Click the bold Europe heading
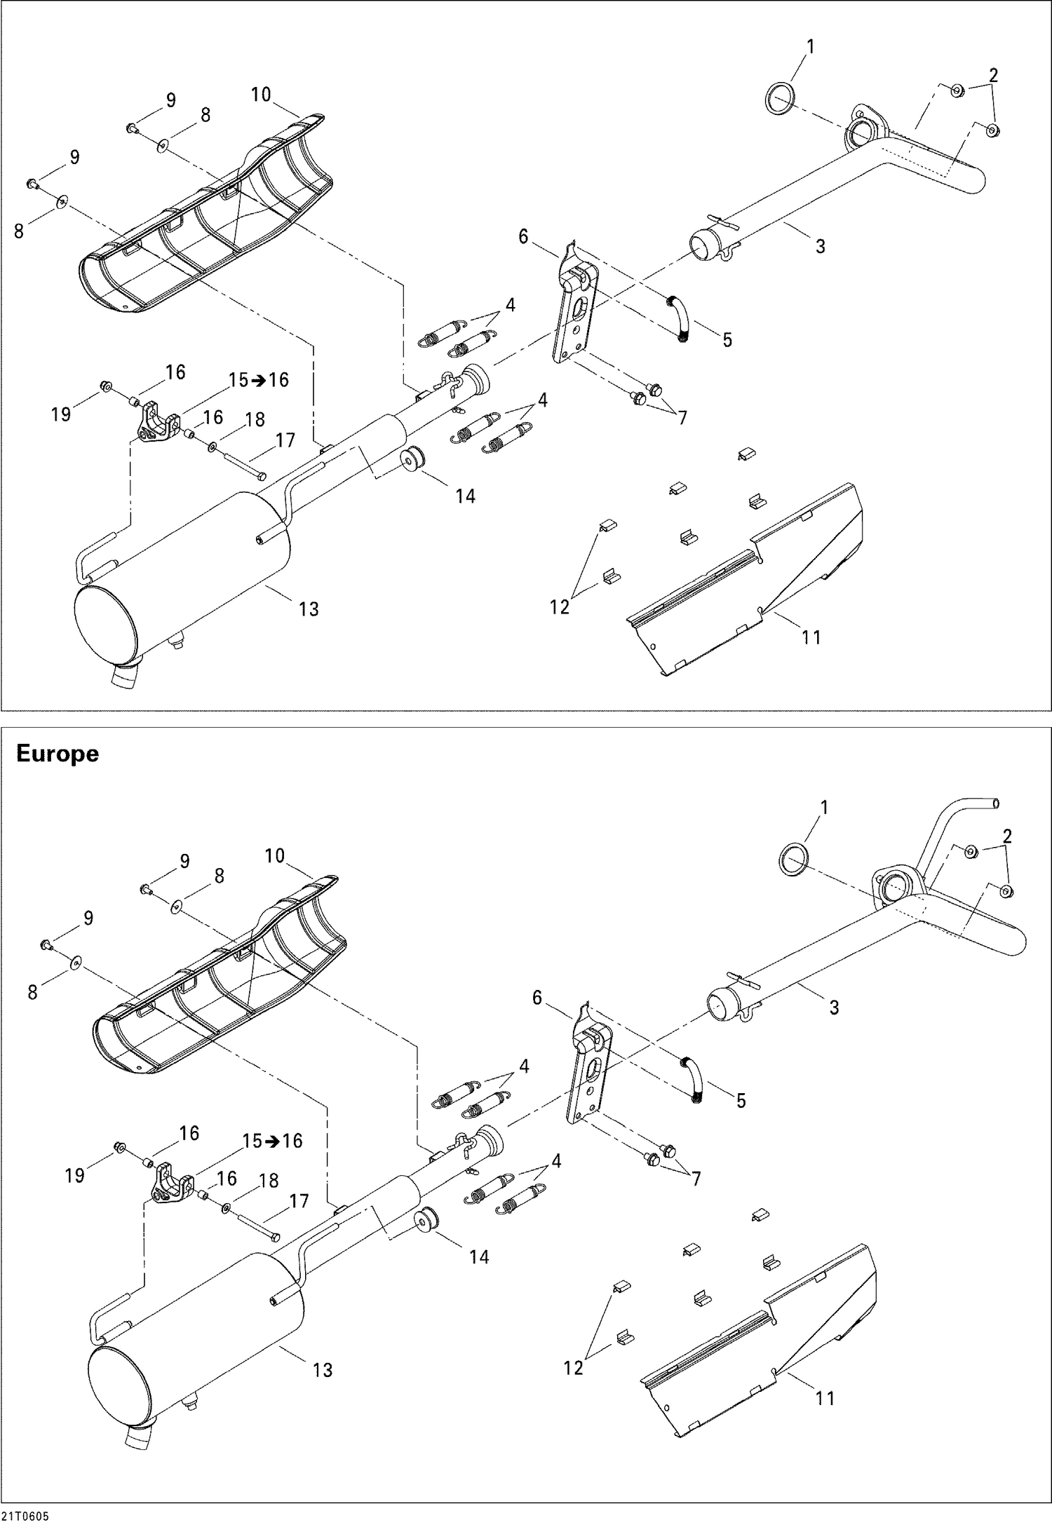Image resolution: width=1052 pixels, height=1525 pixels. pyautogui.click(x=57, y=754)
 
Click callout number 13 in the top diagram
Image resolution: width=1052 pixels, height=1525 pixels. pyautogui.click(x=309, y=609)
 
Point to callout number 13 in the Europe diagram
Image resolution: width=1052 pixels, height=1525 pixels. pyautogui.click(x=323, y=1369)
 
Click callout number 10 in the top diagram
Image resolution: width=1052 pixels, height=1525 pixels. pyautogui.click(x=260, y=94)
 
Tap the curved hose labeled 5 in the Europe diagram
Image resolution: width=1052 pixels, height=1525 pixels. pyautogui.click(x=694, y=1078)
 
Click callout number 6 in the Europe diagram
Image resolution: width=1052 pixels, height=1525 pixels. pyautogui.click(x=537, y=997)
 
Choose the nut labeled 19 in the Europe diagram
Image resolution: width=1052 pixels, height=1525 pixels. pyautogui.click(x=120, y=1147)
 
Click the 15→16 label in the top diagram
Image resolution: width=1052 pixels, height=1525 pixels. pyautogui.click(x=259, y=379)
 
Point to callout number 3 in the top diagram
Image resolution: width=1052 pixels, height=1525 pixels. pyautogui.click(x=820, y=246)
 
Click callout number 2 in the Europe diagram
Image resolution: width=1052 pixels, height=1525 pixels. pyautogui.click(x=1007, y=836)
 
